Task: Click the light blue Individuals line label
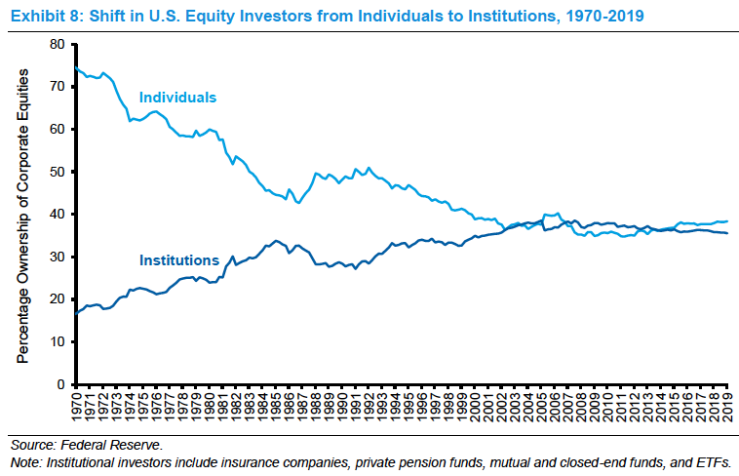point(177,98)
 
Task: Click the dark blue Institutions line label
point(179,260)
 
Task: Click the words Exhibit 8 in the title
point(41,16)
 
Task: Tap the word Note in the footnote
point(23,461)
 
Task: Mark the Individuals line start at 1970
point(75,67)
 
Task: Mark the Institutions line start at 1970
point(75,313)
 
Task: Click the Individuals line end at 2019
point(727,220)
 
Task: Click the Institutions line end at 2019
point(727,233)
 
